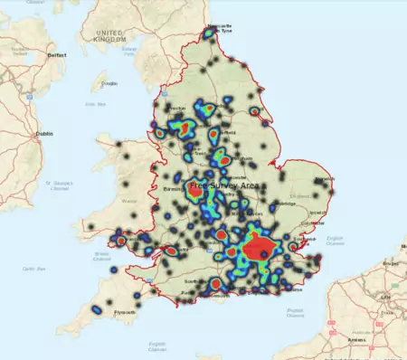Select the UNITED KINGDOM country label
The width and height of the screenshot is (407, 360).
click(101, 35)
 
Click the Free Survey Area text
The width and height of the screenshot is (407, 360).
click(224, 185)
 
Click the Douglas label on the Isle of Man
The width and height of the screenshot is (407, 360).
click(110, 84)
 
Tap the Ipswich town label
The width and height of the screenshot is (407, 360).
click(318, 214)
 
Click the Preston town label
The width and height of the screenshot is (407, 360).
click(177, 109)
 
